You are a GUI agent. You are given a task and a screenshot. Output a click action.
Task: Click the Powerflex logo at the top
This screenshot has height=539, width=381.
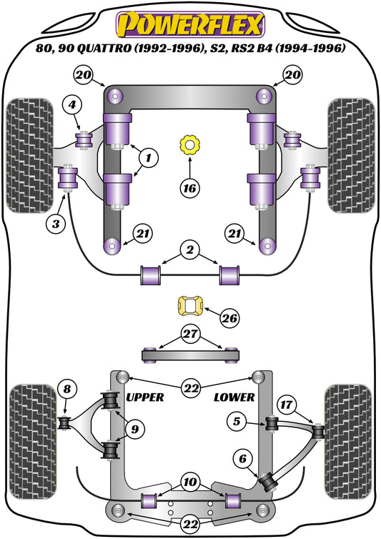pyautogui.click(x=189, y=25)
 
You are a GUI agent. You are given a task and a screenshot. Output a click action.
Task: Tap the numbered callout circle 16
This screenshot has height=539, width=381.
pyautogui.click(x=189, y=189)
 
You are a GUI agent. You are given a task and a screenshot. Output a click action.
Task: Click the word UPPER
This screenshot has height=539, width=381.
pyautogui.click(x=144, y=397)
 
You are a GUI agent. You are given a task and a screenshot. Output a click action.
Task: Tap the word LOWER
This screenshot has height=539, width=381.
pyautogui.click(x=232, y=397)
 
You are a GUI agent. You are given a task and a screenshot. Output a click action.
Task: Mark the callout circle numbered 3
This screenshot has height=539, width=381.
pyautogui.click(x=57, y=224)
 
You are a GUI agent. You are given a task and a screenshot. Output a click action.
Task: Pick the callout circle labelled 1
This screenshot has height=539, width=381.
pyautogui.click(x=149, y=156)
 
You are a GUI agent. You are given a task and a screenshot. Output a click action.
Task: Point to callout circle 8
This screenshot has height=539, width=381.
pyautogui.click(x=66, y=390)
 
